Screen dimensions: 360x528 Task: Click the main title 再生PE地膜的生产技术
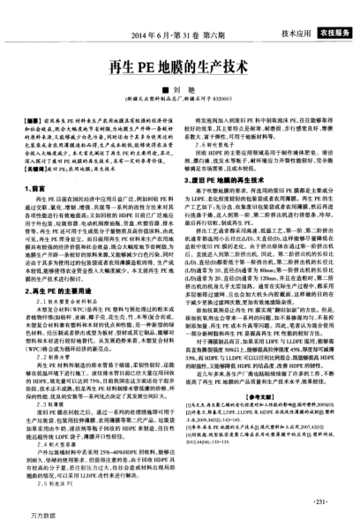[180, 66]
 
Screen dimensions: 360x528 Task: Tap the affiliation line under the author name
[180, 98]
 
